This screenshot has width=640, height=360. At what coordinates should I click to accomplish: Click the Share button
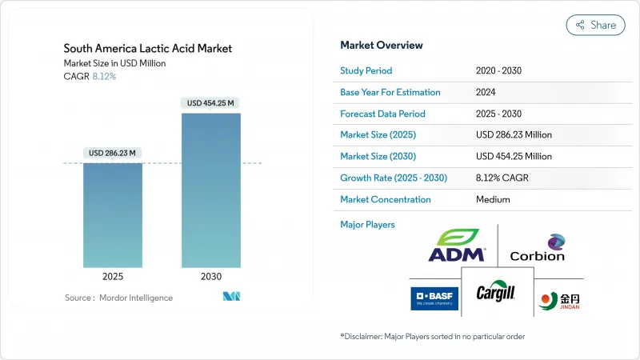point(595,25)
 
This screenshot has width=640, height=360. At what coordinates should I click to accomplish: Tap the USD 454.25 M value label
point(210,103)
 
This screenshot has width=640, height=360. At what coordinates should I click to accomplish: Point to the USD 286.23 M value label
point(113,153)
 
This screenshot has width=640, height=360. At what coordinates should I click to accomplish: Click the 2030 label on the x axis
point(210,277)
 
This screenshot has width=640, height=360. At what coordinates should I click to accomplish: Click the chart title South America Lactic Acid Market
point(148,49)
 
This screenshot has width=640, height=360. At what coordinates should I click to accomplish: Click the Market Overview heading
point(382,45)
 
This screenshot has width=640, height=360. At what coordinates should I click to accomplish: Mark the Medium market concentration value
point(493,199)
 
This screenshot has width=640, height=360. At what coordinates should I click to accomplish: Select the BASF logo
point(434,298)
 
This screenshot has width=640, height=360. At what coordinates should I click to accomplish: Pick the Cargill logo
point(497,294)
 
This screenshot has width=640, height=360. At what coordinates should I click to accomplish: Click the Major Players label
point(367,225)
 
